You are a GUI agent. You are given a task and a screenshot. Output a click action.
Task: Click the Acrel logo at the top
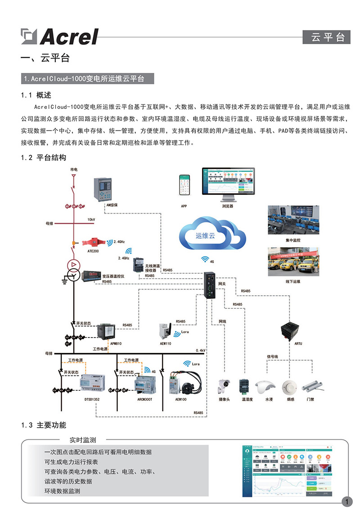(x=60, y=36)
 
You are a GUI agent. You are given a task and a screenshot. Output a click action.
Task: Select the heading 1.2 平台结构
(x=44, y=158)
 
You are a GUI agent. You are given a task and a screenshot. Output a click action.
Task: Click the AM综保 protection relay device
(x=102, y=189)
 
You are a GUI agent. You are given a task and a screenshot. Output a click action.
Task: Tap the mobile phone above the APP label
(x=184, y=185)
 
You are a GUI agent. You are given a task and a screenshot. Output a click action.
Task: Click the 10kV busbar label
(x=91, y=220)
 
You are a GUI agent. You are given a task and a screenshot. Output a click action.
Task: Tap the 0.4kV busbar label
(x=200, y=350)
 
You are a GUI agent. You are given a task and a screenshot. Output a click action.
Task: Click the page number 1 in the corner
(x=347, y=501)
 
